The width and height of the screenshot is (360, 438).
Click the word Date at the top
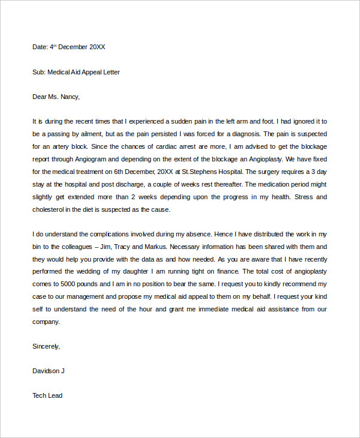[40, 46]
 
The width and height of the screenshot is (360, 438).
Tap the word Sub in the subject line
[38, 72]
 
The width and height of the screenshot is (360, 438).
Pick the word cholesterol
[50, 209]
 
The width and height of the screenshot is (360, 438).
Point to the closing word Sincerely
[46, 346]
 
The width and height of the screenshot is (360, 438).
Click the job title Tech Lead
[47, 395]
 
